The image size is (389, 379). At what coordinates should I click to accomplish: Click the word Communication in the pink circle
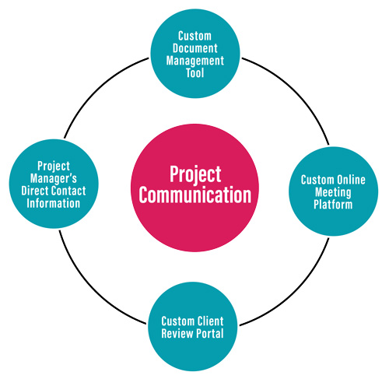pyautogui.click(x=195, y=195)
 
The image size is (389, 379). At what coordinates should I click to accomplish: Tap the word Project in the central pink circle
pyautogui.click(x=195, y=174)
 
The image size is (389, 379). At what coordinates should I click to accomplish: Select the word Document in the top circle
pyautogui.click(x=195, y=48)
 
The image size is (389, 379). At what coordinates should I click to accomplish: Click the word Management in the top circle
pyautogui.click(x=195, y=61)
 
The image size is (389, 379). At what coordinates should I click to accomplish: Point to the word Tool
pyautogui.click(x=195, y=72)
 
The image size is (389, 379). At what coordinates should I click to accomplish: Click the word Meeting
pyautogui.click(x=333, y=192)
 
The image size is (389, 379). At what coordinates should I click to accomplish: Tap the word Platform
pyautogui.click(x=333, y=205)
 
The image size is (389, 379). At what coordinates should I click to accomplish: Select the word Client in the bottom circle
pyautogui.click(x=210, y=321)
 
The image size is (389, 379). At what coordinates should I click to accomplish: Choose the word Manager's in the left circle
pyautogui.click(x=54, y=178)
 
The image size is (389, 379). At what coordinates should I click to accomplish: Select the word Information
pyautogui.click(x=54, y=203)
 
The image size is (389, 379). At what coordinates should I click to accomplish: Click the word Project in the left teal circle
pyautogui.click(x=54, y=167)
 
